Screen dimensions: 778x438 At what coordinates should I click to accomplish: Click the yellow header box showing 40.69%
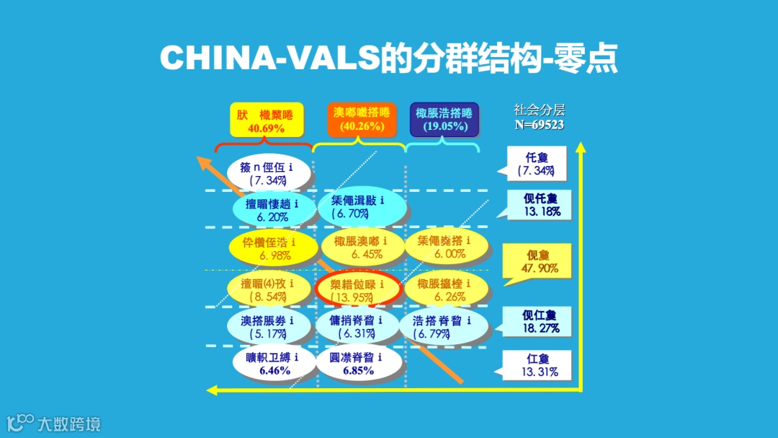click(x=267, y=120)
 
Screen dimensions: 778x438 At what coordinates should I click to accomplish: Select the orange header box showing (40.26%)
click(x=362, y=120)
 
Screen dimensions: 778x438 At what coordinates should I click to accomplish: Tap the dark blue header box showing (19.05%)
click(x=444, y=120)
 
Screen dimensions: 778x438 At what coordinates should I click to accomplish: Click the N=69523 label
click(x=539, y=125)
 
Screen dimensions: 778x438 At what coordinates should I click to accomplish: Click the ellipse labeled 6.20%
click(x=274, y=209)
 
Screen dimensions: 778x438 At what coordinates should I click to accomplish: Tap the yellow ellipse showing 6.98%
click(x=274, y=248)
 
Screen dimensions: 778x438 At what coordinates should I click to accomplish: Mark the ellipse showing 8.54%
click(x=271, y=289)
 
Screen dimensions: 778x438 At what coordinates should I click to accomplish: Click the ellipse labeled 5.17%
click(x=271, y=327)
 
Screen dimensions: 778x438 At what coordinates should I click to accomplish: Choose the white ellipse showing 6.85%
click(x=358, y=364)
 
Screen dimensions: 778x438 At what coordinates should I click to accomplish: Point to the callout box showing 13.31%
click(x=538, y=366)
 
